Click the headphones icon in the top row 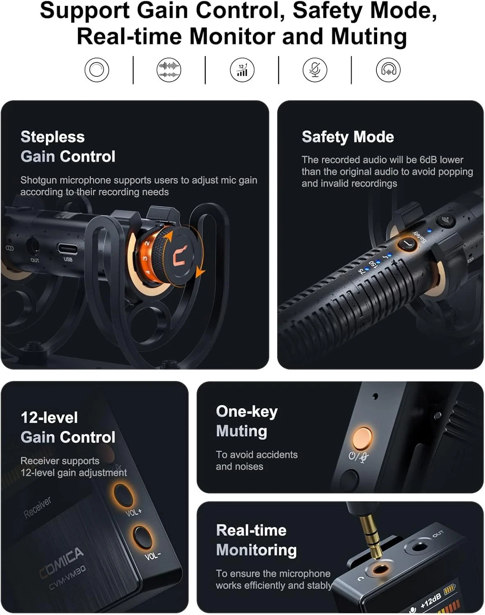tap(388, 70)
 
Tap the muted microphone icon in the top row tap(315, 70)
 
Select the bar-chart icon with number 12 tap(242, 70)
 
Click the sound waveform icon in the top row tap(169, 70)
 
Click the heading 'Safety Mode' tap(348, 137)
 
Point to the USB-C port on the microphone tap(68, 248)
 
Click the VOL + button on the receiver tap(123, 494)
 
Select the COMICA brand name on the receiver tap(61, 562)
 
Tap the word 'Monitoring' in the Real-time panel tap(256, 550)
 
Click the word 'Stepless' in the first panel tap(52, 137)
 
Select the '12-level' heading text tap(49, 417)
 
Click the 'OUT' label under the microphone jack tap(35, 260)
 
